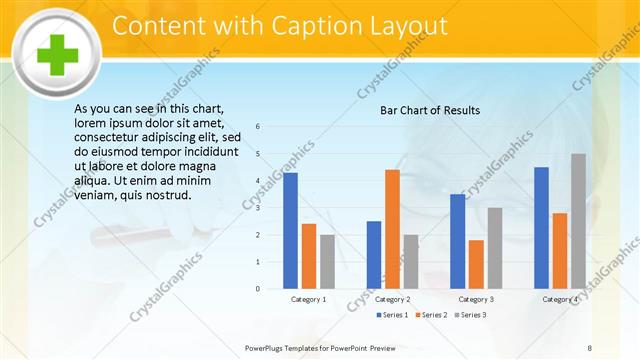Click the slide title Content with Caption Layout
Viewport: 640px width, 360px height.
tap(279, 26)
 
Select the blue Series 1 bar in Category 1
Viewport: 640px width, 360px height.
tap(290, 230)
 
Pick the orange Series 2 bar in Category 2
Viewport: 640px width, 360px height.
tap(392, 229)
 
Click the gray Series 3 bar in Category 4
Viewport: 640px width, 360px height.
tap(578, 221)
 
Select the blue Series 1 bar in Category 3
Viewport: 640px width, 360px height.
tap(457, 241)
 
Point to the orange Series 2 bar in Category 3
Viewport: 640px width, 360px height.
tap(475, 264)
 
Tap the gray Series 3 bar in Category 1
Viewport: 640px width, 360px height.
tap(327, 261)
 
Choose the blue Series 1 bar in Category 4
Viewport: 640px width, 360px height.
tap(541, 227)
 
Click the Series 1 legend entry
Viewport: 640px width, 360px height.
tap(392, 315)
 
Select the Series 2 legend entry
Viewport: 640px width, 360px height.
tap(431, 315)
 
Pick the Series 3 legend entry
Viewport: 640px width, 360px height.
tap(470, 315)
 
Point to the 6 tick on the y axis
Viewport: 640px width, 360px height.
tap(258, 127)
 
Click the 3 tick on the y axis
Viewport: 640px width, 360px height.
tap(258, 208)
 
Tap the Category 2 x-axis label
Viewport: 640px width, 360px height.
tap(392, 299)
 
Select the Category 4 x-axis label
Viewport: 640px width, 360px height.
tap(560, 299)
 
